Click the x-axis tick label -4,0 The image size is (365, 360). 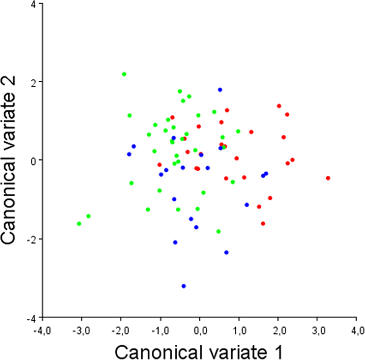click(43, 329)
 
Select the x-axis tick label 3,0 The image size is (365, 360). click(317, 329)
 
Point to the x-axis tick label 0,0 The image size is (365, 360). click(200, 329)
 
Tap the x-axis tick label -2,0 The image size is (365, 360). click(121, 329)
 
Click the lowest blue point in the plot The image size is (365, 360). click(184, 286)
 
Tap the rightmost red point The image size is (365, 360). click(328, 178)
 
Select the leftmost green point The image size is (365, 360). click(79, 224)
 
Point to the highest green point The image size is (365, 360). click(124, 74)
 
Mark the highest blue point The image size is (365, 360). click(220, 90)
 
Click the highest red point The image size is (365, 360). click(279, 106)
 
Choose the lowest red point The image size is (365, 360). click(263, 223)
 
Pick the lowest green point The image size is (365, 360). click(218, 232)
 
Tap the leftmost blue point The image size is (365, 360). click(129, 154)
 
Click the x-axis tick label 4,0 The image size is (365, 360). click(356, 329)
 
